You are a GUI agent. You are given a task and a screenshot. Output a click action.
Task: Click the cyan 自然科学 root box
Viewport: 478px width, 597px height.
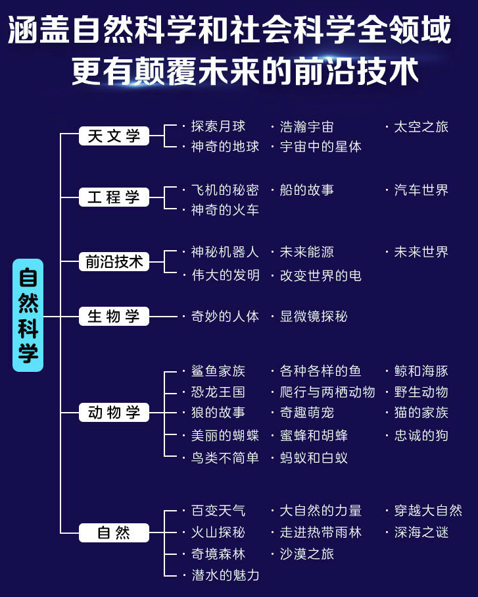click(x=28, y=315)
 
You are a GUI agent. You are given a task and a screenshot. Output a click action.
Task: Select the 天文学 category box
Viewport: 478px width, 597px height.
click(x=114, y=136)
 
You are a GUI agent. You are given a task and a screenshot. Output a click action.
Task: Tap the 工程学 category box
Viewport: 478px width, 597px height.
click(x=114, y=197)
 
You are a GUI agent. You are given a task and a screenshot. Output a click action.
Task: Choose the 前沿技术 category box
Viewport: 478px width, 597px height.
click(x=114, y=261)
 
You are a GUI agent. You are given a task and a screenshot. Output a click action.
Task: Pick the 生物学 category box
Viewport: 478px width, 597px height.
click(x=114, y=316)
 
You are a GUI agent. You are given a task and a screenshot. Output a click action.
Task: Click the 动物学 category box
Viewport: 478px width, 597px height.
click(x=114, y=412)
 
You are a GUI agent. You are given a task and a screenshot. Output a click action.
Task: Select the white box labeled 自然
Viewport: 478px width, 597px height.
click(x=114, y=532)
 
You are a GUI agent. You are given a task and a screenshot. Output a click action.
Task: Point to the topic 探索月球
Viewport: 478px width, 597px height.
click(x=218, y=126)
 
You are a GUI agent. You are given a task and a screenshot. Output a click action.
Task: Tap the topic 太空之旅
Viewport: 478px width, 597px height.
click(x=421, y=127)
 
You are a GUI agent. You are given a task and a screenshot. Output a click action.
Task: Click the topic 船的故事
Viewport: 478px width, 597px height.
click(x=307, y=190)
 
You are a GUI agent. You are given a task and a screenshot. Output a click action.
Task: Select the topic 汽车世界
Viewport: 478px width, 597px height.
click(x=421, y=190)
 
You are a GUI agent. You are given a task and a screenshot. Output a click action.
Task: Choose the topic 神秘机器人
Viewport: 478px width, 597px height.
click(x=225, y=251)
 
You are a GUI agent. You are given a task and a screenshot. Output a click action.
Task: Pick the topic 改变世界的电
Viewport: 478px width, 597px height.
click(x=321, y=275)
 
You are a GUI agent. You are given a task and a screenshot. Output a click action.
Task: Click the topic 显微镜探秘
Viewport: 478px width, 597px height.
click(x=314, y=316)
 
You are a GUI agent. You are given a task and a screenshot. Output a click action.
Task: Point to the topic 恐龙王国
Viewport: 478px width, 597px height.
click(x=218, y=392)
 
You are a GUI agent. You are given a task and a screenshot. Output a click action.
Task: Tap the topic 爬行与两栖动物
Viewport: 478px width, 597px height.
click(x=327, y=392)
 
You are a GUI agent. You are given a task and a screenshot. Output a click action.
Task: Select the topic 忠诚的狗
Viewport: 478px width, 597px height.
click(x=421, y=435)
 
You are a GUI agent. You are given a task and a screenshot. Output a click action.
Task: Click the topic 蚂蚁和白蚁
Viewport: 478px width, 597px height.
click(x=314, y=457)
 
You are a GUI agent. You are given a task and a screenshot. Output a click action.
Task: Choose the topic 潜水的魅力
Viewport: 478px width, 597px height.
click(x=225, y=575)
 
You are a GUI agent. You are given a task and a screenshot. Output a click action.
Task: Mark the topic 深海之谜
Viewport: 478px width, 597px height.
click(x=421, y=532)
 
